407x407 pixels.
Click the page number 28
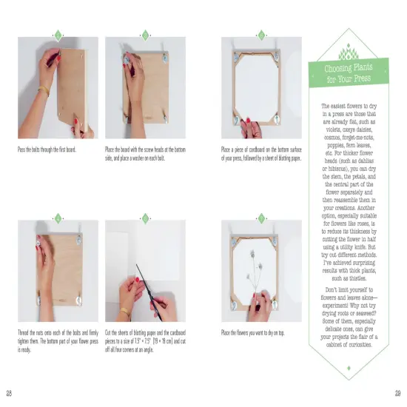coord(9,391)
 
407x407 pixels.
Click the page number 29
coord(397,391)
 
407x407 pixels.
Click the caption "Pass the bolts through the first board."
coord(47,149)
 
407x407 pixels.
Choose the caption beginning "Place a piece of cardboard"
coord(262,153)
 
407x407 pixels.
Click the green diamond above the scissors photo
coord(145,218)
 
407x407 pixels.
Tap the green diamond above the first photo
coord(57,35)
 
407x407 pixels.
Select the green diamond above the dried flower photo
coord(260,218)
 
